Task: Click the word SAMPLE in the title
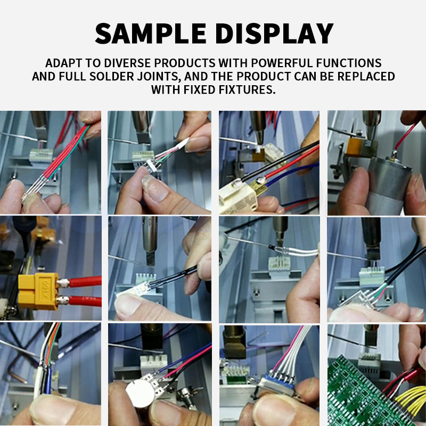tap(151, 34)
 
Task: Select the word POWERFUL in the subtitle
tap(282, 63)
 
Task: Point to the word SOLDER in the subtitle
tap(112, 76)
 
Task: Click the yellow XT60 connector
tap(38, 291)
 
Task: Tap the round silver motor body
tap(389, 185)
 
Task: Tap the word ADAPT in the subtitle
tap(63, 63)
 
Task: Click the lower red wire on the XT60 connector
tap(85, 301)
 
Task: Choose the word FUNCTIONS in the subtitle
tap(349, 63)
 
